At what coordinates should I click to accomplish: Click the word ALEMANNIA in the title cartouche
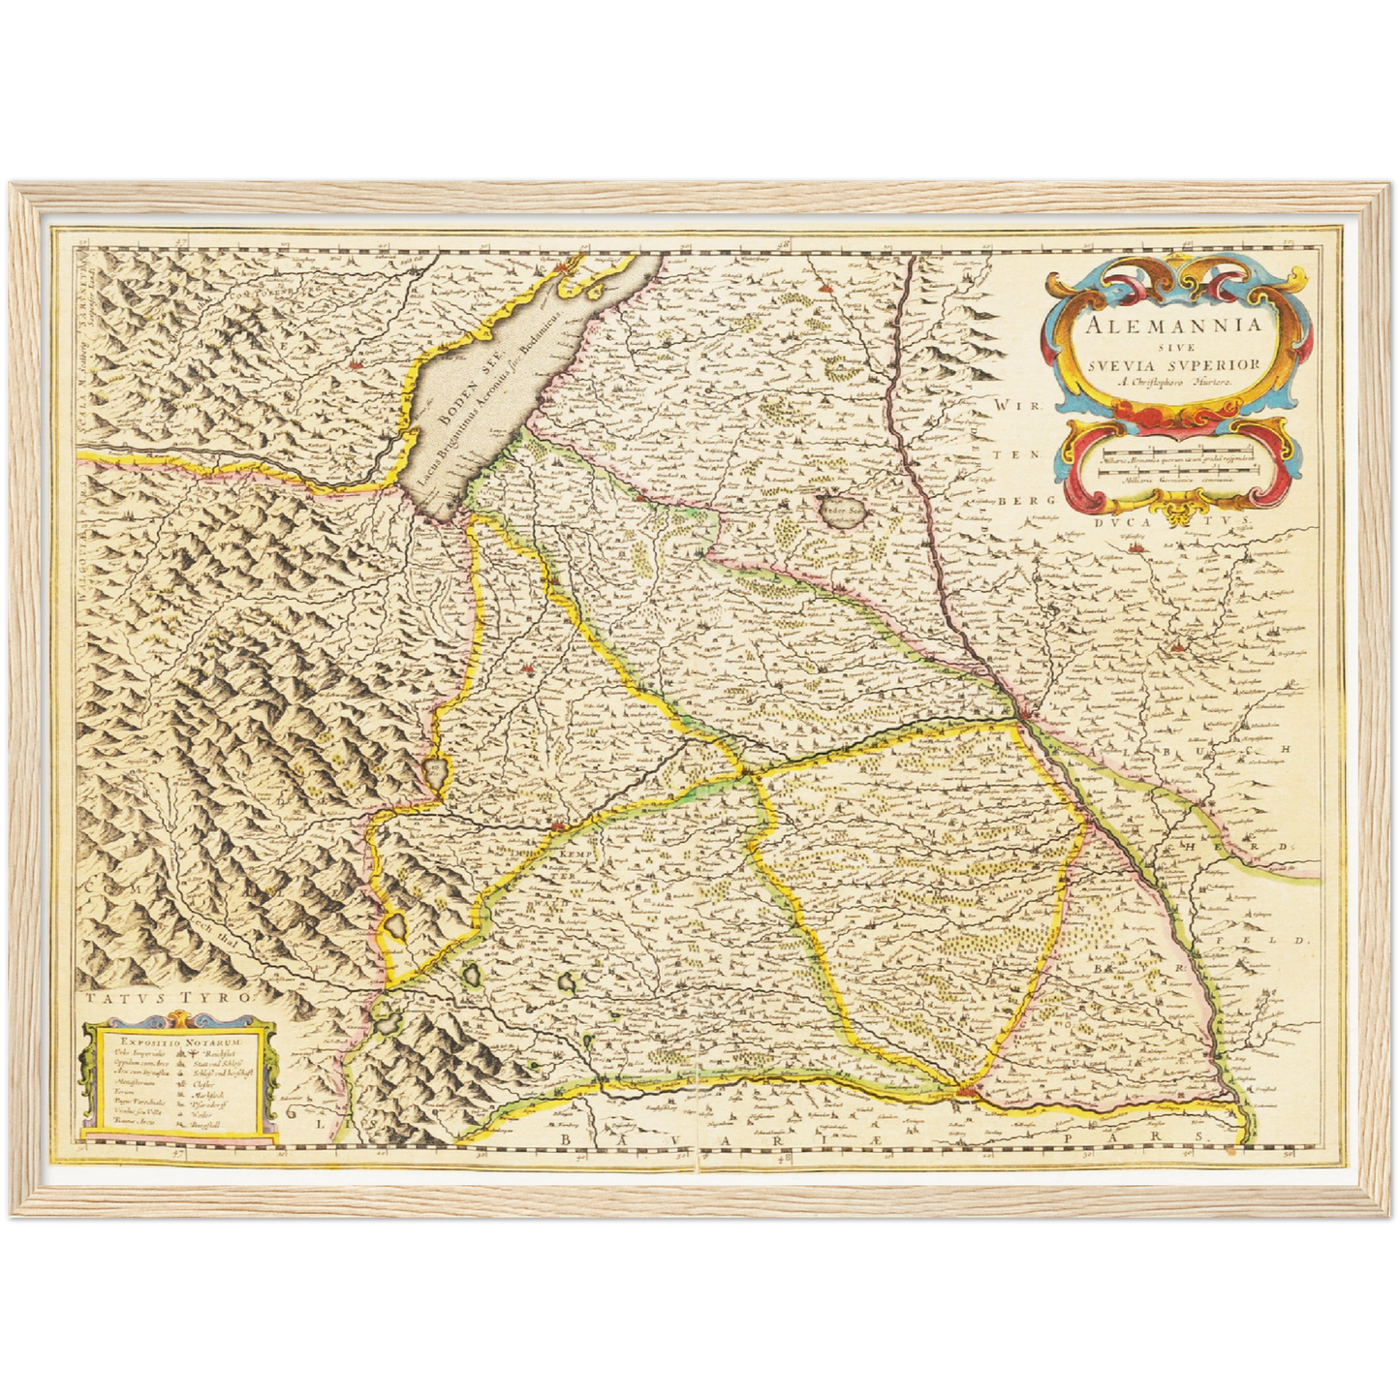(x=1173, y=325)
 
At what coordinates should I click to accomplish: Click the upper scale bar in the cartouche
(x=1178, y=450)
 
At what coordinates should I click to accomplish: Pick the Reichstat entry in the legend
(x=207, y=1052)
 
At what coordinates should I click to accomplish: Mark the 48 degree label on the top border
(x=782, y=246)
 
